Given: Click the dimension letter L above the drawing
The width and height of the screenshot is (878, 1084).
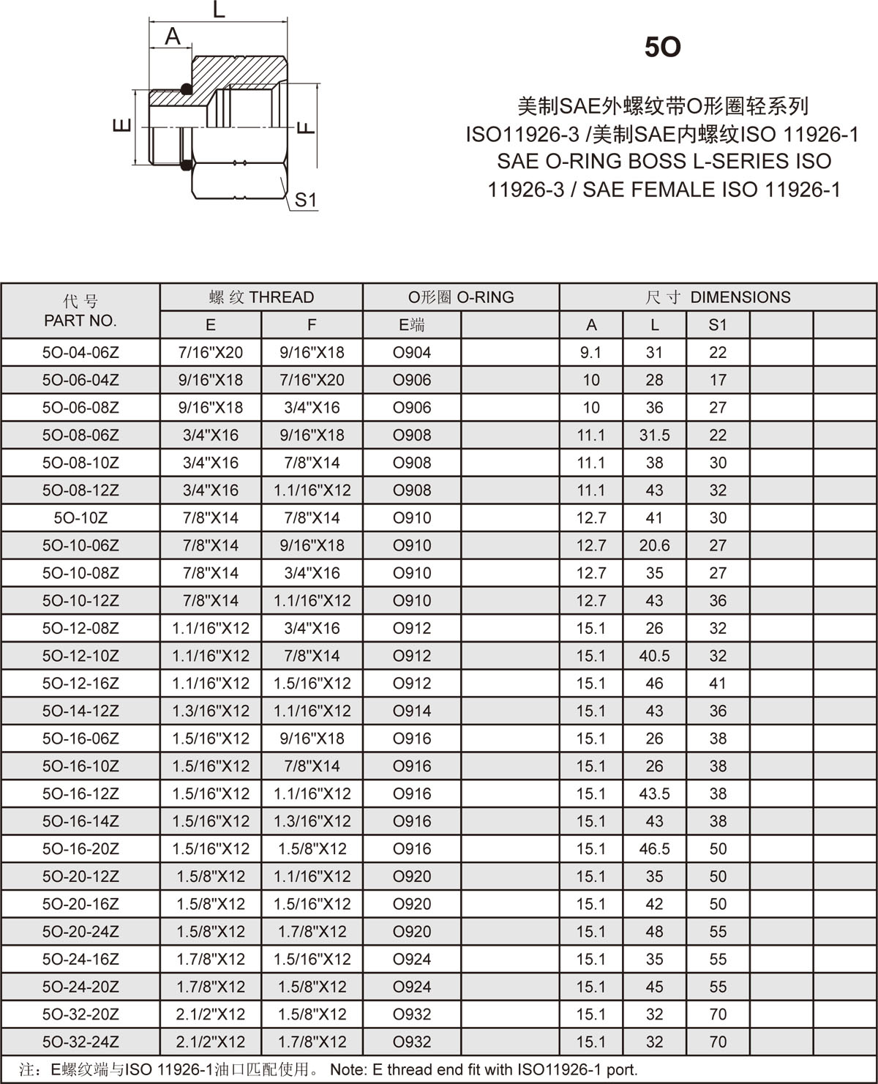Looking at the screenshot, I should (x=219, y=10).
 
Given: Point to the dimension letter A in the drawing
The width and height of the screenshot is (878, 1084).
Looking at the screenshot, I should (x=173, y=36).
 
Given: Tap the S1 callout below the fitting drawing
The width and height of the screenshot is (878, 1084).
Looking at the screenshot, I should (x=305, y=200).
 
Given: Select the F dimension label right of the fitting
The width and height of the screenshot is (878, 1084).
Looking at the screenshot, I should (x=307, y=127).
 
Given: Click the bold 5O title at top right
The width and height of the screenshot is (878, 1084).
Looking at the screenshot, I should (x=662, y=48).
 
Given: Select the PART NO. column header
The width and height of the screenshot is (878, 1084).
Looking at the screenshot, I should (x=80, y=321).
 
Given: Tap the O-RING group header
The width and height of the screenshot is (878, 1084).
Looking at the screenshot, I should (x=461, y=297).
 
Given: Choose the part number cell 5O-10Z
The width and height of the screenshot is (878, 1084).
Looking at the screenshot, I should (x=80, y=518).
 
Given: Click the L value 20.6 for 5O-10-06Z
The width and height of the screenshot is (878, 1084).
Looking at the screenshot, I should (x=654, y=545).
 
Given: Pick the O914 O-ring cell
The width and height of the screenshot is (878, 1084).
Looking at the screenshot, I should (x=412, y=711).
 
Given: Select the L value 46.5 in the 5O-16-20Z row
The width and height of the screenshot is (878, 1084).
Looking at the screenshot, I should (x=654, y=849).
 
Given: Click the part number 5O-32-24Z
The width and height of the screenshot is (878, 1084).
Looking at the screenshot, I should (x=80, y=1042).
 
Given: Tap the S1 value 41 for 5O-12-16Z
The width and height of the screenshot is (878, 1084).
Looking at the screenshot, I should (x=718, y=683).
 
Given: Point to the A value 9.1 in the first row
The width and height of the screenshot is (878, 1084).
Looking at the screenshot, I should (x=590, y=353).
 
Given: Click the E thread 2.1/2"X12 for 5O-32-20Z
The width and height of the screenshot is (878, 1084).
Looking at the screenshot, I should (x=211, y=1014).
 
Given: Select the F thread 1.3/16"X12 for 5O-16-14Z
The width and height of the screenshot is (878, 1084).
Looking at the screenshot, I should (x=312, y=821).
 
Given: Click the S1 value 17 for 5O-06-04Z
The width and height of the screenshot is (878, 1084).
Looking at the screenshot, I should (x=718, y=380).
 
